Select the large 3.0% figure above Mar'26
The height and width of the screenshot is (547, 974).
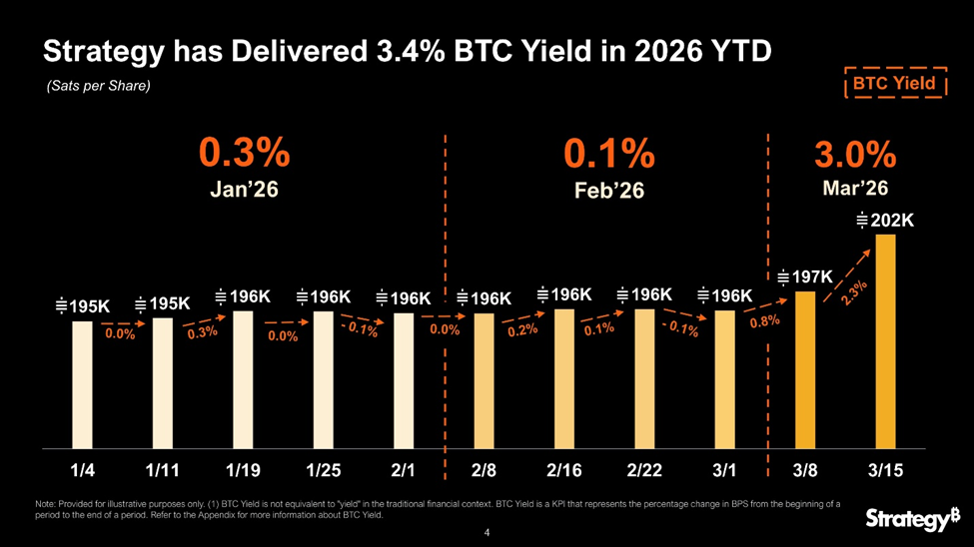point(855,155)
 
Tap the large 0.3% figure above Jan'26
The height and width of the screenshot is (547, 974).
point(244,155)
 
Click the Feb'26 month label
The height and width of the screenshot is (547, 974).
point(609,190)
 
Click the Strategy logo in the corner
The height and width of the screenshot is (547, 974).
point(912,518)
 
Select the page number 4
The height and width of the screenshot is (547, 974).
point(487,533)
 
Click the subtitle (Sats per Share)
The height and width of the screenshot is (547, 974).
point(98,87)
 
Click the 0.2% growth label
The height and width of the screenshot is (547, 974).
point(522,330)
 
